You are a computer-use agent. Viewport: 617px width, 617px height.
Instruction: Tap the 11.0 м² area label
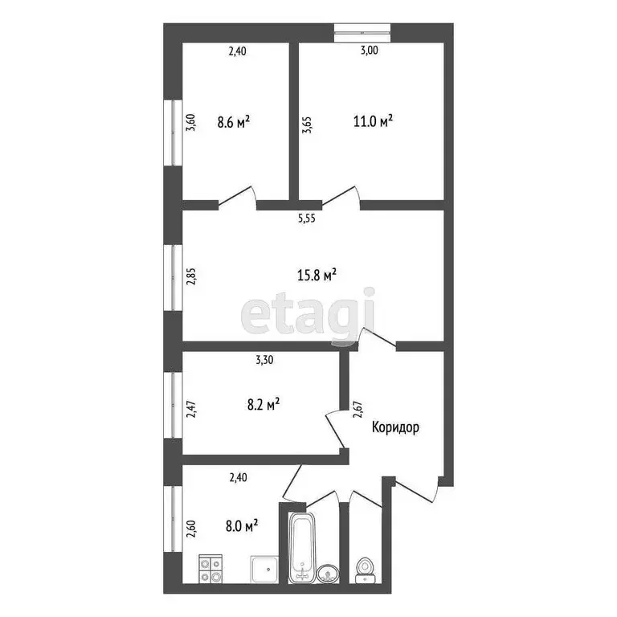pos(374,122)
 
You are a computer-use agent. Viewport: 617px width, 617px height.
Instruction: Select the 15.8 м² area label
pos(317,275)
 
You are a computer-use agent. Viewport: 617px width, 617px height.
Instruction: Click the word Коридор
pos(395,428)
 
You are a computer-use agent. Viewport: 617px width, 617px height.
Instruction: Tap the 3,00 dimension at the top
pos(369,51)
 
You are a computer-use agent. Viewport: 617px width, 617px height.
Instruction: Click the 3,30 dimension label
pos(265,361)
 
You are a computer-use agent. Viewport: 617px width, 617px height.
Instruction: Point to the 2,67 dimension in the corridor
pos(358,408)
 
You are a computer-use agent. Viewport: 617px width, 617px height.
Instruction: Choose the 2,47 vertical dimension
pos(191,411)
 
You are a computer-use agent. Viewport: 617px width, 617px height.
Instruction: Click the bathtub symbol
pos(303,545)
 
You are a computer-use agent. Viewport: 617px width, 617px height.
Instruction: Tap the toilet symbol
pos(366,568)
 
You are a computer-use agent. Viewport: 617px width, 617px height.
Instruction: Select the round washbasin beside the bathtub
pos(328,573)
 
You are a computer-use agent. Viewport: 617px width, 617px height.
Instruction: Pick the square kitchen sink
pos(264,569)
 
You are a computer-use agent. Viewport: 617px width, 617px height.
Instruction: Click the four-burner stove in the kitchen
pos(212,568)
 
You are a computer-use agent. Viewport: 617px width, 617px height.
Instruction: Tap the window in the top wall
pos(363,33)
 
